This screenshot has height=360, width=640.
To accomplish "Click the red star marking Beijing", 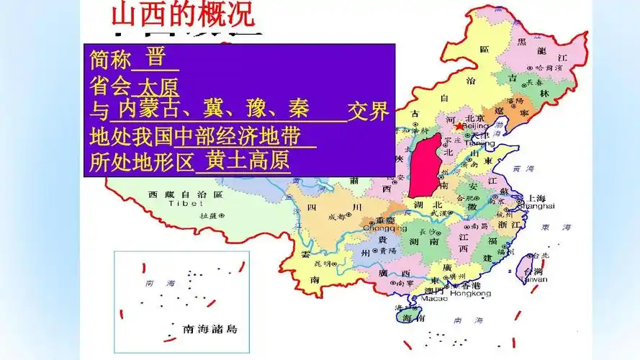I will coord(460,126).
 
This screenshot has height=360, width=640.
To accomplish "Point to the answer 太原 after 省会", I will coord(158,86).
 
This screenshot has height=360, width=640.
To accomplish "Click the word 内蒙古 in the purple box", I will coord(145,110).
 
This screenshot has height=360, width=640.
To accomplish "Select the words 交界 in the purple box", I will coord(368,112).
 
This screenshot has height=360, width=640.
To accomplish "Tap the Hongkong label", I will coord(469,294).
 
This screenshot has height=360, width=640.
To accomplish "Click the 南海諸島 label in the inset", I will coord(211,330).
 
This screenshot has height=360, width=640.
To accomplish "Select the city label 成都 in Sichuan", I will coord(336,216).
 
